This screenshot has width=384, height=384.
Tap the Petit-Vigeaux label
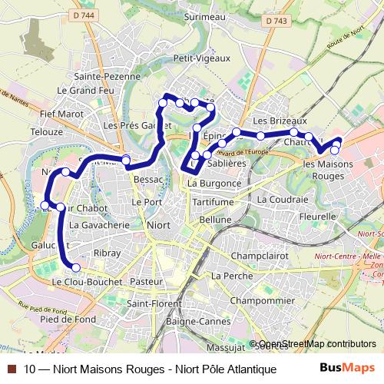(202, 58)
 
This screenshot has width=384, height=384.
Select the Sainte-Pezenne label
(108, 76)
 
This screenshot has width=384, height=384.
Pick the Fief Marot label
(61, 114)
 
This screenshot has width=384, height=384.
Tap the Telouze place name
(47, 131)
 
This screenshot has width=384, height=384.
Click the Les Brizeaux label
(280, 121)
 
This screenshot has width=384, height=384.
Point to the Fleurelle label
(318, 217)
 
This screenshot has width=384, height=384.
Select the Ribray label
(108, 253)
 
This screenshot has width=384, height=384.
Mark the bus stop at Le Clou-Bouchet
(75, 267)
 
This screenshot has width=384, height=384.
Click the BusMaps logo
(347, 368)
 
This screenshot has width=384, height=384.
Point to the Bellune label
(215, 219)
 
